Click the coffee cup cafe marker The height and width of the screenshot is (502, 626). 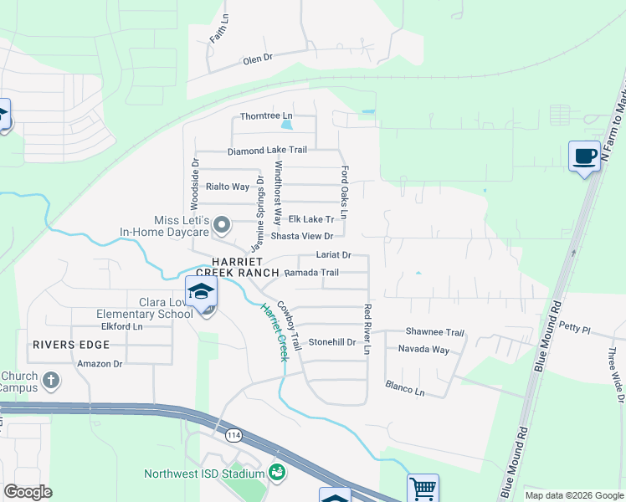click(x=583, y=156)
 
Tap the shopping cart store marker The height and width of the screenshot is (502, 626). click(x=423, y=488)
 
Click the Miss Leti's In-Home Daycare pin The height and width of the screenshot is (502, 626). click(x=222, y=224)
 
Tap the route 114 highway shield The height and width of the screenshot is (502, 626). click(x=232, y=434)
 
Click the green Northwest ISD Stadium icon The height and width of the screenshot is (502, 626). click(x=276, y=474)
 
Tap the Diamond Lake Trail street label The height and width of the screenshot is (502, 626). click(x=267, y=151)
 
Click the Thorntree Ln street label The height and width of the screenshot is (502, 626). click(x=266, y=115)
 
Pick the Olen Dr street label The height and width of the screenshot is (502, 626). click(x=258, y=59)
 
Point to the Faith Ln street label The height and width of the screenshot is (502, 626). click(x=218, y=28)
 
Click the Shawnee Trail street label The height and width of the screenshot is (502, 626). click(x=434, y=332)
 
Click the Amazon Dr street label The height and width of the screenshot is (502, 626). click(x=100, y=364)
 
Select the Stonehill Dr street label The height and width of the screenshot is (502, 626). click(x=332, y=342)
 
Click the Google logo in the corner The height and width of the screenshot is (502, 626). click(x=28, y=492)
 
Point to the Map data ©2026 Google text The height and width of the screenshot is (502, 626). click(x=573, y=495)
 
